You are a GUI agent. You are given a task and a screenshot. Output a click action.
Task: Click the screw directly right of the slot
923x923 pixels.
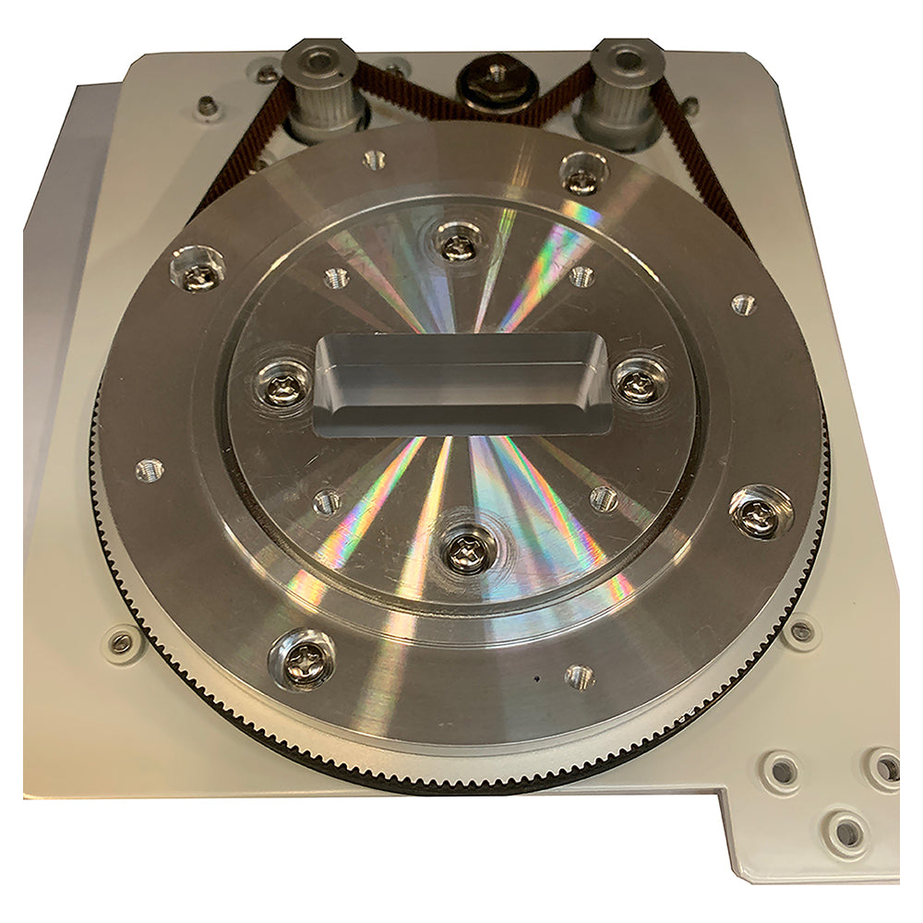coord(638,383)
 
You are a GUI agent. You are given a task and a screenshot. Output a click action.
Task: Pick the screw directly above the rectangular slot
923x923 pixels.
coord(456,246)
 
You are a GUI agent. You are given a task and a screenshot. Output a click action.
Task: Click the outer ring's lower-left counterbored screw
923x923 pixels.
coord(303,657)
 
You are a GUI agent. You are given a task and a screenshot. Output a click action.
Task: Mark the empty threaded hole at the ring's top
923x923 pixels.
coord(373,159)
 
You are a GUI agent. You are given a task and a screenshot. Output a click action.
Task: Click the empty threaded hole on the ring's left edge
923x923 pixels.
coord(148,471)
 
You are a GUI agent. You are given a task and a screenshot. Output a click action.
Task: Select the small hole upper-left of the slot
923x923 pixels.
coord(336,277)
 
